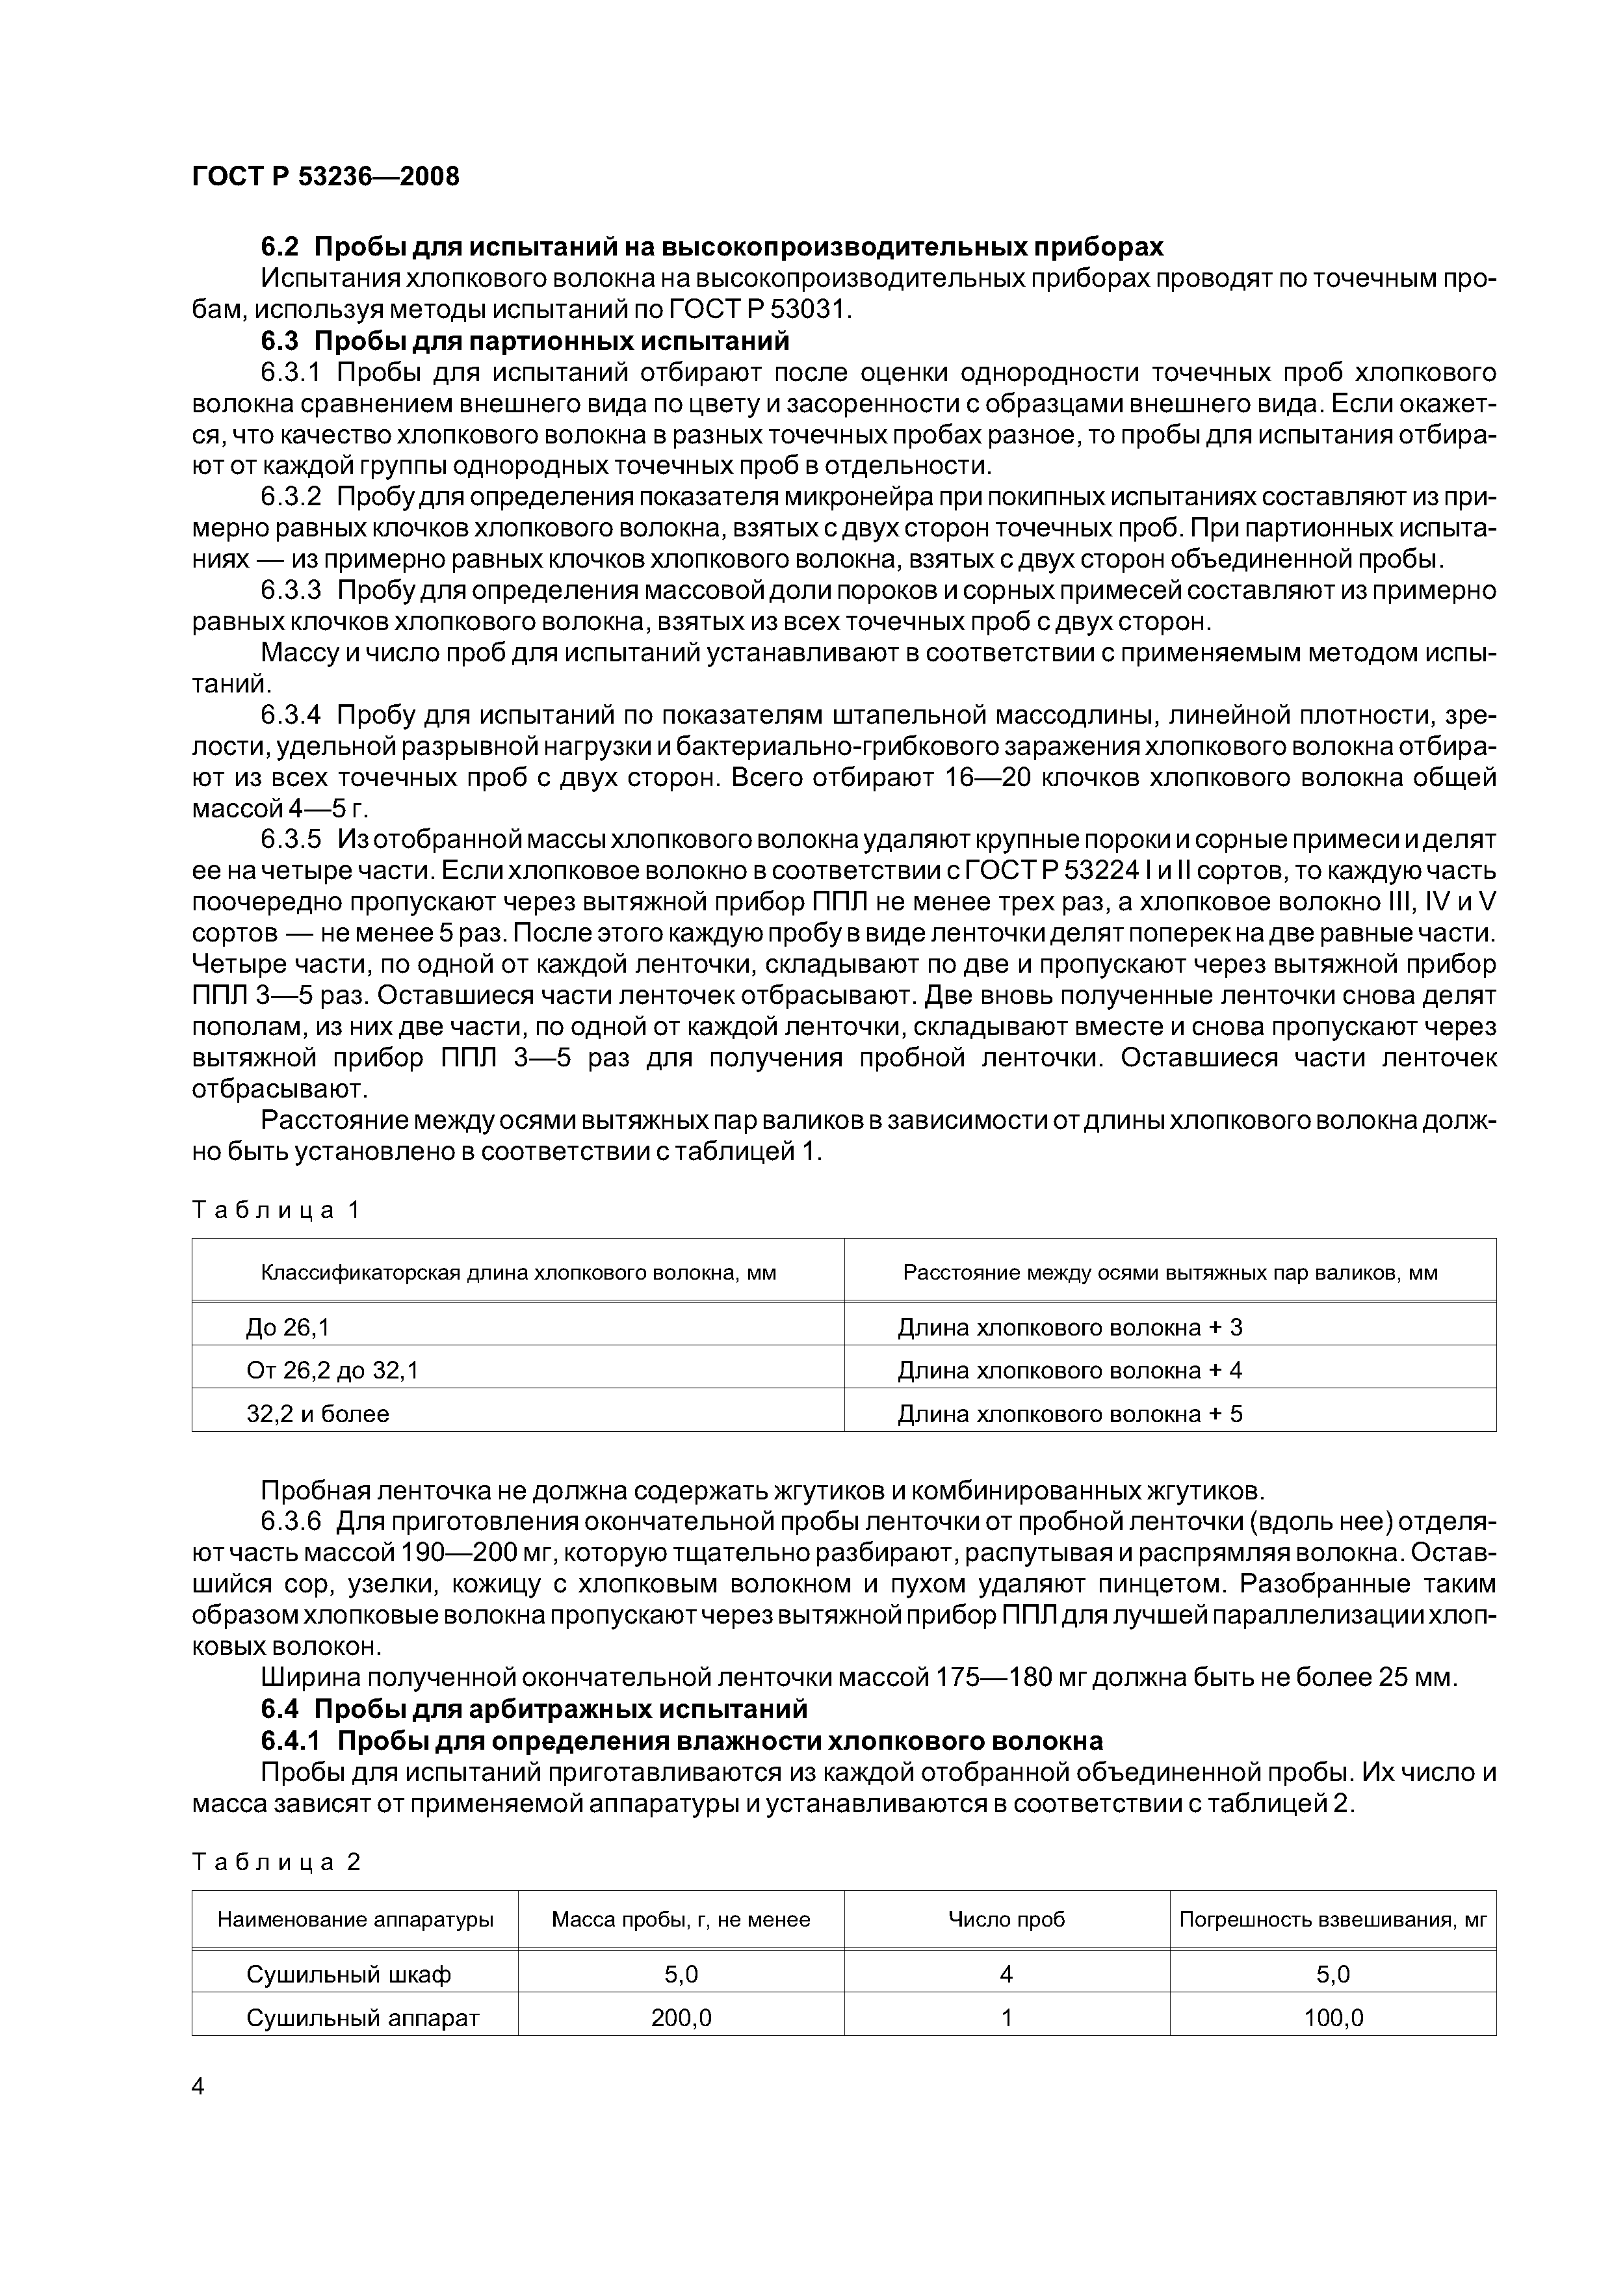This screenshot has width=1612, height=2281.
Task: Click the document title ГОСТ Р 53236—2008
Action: click(x=326, y=177)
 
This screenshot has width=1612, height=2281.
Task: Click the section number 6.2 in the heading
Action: click(x=280, y=246)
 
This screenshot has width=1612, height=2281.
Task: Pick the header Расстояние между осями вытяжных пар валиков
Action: click(x=1170, y=1274)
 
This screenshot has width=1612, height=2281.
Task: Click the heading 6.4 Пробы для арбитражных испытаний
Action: click(x=534, y=1709)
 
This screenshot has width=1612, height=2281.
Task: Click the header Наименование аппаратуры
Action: click(x=356, y=1919)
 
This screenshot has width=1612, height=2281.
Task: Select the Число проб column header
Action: click(x=1006, y=1919)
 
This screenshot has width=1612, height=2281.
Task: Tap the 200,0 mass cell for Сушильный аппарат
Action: click(x=681, y=2018)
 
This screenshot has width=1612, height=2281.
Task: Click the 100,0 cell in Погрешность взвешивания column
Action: click(x=1333, y=2018)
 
